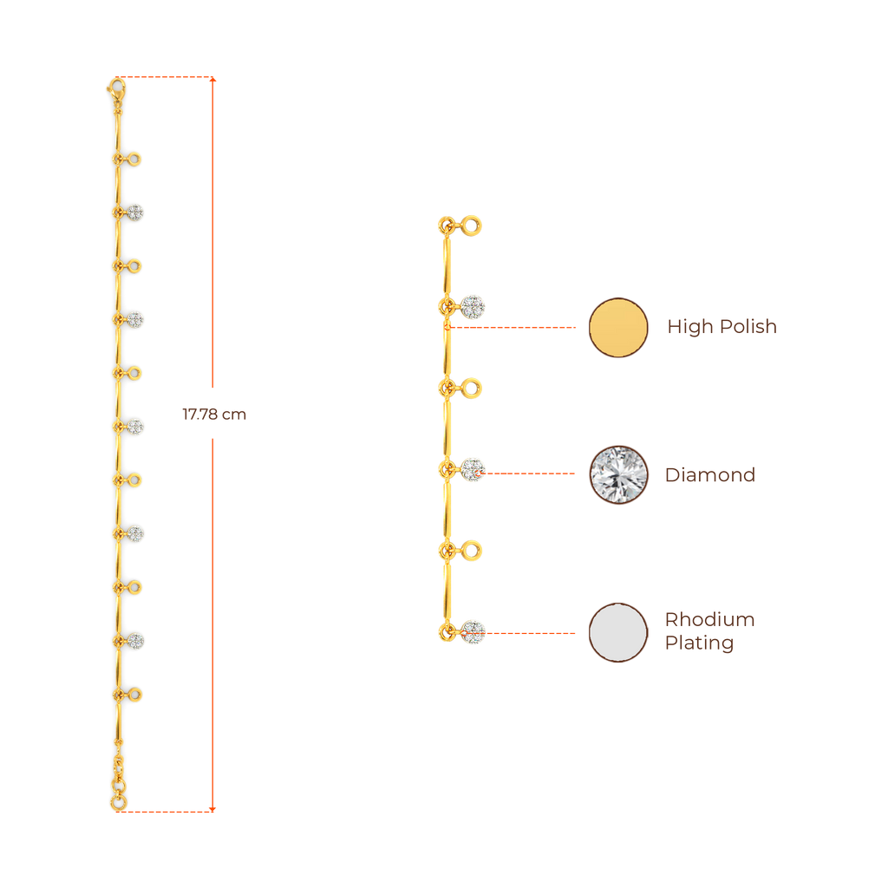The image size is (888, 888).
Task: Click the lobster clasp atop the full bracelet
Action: pos(115,86)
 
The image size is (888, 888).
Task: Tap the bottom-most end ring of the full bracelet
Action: pos(118,804)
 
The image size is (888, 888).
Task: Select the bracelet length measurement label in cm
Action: pos(213,415)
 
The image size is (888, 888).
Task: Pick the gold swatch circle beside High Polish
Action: pos(618,327)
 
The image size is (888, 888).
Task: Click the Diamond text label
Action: pos(710,474)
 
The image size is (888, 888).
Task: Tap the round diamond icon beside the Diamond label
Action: pos(618,474)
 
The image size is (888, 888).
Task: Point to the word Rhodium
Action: pos(709,619)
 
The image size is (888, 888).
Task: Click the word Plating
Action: pos(699,643)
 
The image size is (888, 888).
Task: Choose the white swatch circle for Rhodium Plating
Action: pos(618,632)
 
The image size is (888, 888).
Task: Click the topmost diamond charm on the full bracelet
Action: pos(136,212)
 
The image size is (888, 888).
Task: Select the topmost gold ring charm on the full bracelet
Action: pos(135,159)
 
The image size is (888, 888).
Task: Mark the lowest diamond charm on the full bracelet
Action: pos(136,641)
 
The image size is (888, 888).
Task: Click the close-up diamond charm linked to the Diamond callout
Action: pos(473,469)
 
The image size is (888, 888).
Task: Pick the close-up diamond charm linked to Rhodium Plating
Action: pos(473,632)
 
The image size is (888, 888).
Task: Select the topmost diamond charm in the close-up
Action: pos(473,306)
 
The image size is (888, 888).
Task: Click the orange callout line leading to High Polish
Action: pos(512,328)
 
